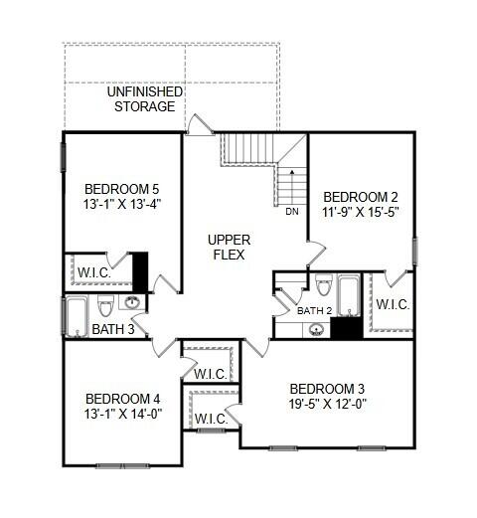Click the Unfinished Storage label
[x=145, y=99]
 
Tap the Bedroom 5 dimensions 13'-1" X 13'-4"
[x=121, y=204]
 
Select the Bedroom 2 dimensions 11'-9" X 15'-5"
[x=360, y=212]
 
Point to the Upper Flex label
[x=229, y=248]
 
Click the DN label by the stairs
[x=292, y=212]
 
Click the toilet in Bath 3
[x=105, y=306]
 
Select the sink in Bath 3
[x=133, y=302]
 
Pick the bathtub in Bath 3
[x=77, y=317]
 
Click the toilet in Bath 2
[x=323, y=284]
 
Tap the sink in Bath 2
[x=316, y=330]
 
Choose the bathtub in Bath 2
[x=349, y=295]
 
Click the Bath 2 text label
[x=314, y=311]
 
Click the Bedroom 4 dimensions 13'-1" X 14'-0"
[x=122, y=414]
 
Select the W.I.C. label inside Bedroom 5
[x=94, y=272]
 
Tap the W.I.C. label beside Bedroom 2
[x=393, y=304]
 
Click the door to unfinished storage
[x=199, y=125]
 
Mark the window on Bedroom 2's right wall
[x=415, y=252]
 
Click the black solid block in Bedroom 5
[x=140, y=272]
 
